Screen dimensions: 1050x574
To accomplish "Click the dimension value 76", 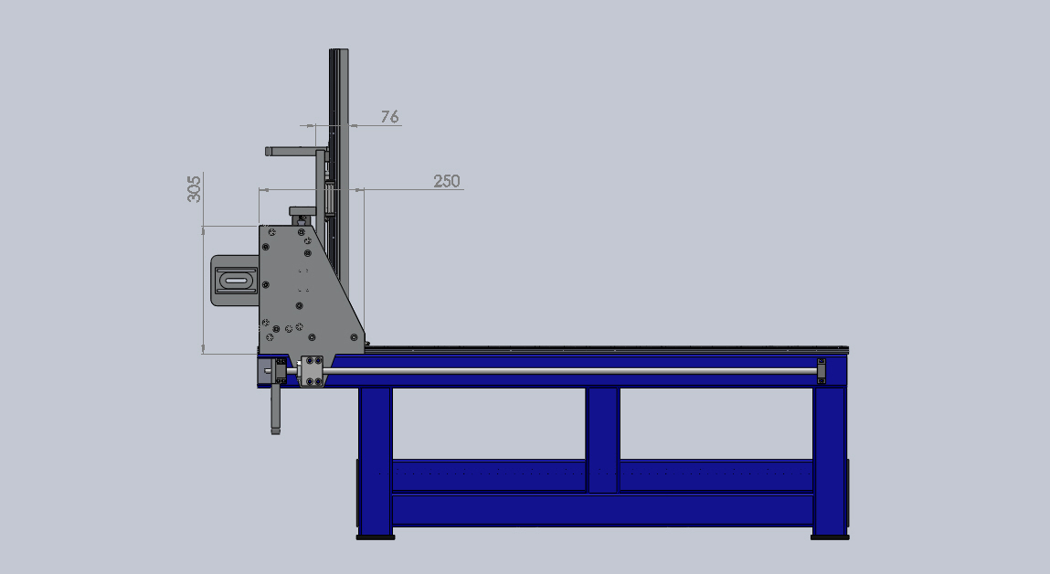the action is click(389, 117).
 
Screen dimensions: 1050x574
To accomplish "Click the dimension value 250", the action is click(447, 181).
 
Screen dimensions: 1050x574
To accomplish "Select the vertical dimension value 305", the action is click(194, 189).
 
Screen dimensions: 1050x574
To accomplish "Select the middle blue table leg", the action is click(603, 440).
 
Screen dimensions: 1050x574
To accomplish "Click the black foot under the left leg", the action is click(375, 537).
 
